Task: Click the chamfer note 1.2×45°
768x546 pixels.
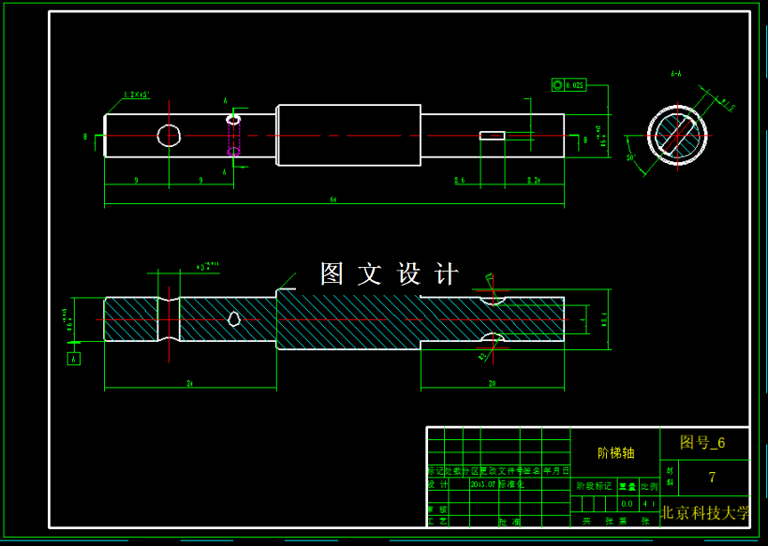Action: tap(137, 95)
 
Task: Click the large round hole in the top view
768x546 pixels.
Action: tap(169, 136)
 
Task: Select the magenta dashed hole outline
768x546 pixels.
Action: tap(233, 136)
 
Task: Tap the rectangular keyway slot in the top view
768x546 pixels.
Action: tap(492, 136)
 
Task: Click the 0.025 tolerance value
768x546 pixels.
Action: tap(575, 85)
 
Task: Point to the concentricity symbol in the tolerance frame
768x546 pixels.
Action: tap(558, 85)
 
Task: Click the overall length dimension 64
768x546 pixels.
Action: tap(332, 199)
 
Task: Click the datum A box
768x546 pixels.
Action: tap(74, 359)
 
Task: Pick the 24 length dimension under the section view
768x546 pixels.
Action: tap(190, 384)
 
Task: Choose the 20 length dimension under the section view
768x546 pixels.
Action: tap(492, 384)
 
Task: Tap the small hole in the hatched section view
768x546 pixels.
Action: tap(234, 319)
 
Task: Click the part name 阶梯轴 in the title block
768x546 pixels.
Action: tap(615, 452)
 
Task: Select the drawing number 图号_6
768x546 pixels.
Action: tap(702, 442)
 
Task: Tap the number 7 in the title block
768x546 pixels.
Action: tap(712, 478)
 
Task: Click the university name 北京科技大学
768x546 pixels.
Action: tap(705, 512)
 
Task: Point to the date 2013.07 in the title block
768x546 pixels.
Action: tap(484, 485)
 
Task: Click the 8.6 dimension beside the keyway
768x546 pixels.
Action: tap(459, 180)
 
